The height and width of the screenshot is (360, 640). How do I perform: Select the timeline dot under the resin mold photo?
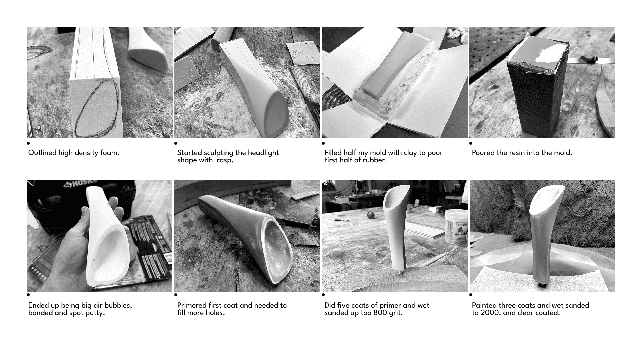(x=471, y=143)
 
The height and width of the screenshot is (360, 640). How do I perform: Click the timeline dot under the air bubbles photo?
(x=28, y=295)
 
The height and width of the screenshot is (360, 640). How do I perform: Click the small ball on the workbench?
(x=370, y=215)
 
